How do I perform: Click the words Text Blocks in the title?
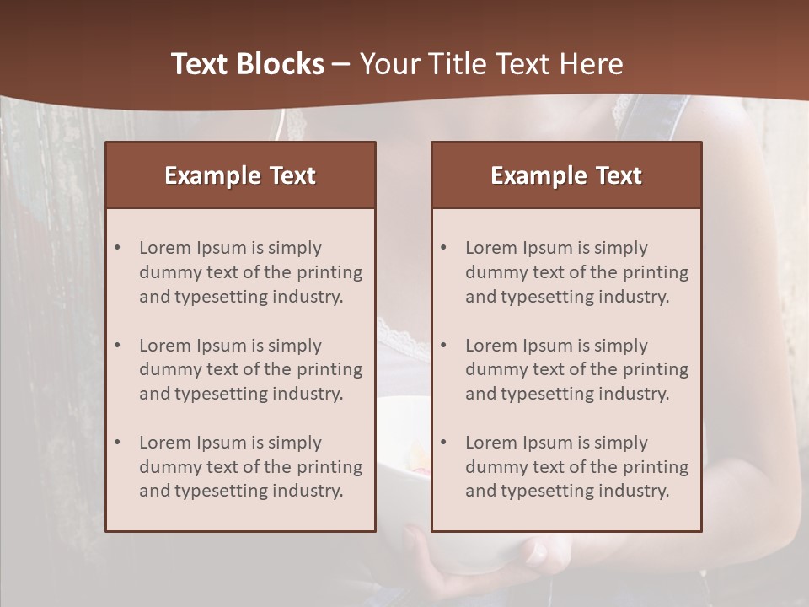pyautogui.click(x=248, y=64)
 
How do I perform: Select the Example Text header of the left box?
pyautogui.click(x=240, y=175)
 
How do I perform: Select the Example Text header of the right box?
pyautogui.click(x=566, y=175)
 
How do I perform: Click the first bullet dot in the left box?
pyautogui.click(x=117, y=248)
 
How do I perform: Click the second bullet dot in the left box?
pyautogui.click(x=117, y=346)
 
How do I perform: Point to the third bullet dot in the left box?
pyautogui.click(x=117, y=443)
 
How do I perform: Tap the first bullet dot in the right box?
pyautogui.click(x=443, y=248)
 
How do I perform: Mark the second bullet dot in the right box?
pyautogui.click(x=443, y=346)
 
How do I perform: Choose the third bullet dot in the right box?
pyautogui.click(x=443, y=443)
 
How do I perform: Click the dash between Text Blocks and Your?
pyautogui.click(x=341, y=64)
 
